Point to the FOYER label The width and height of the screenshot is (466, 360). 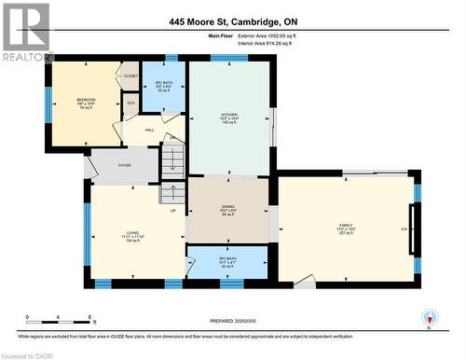pos(124,165)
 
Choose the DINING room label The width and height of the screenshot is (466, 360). pos(227,207)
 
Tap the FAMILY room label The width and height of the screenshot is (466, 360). pos(345,225)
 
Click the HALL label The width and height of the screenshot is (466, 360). pos(149,132)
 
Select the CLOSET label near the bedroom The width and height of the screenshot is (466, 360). pos(130,76)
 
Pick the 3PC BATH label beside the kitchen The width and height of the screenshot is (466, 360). pos(164,87)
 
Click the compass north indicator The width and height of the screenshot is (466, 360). pos(429,317)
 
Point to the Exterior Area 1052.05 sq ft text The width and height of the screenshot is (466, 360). pos(271,35)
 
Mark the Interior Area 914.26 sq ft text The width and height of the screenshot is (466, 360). pos(271,43)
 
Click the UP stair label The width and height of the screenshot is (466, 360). pos(172,210)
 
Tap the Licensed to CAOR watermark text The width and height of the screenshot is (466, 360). pos(29,354)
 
